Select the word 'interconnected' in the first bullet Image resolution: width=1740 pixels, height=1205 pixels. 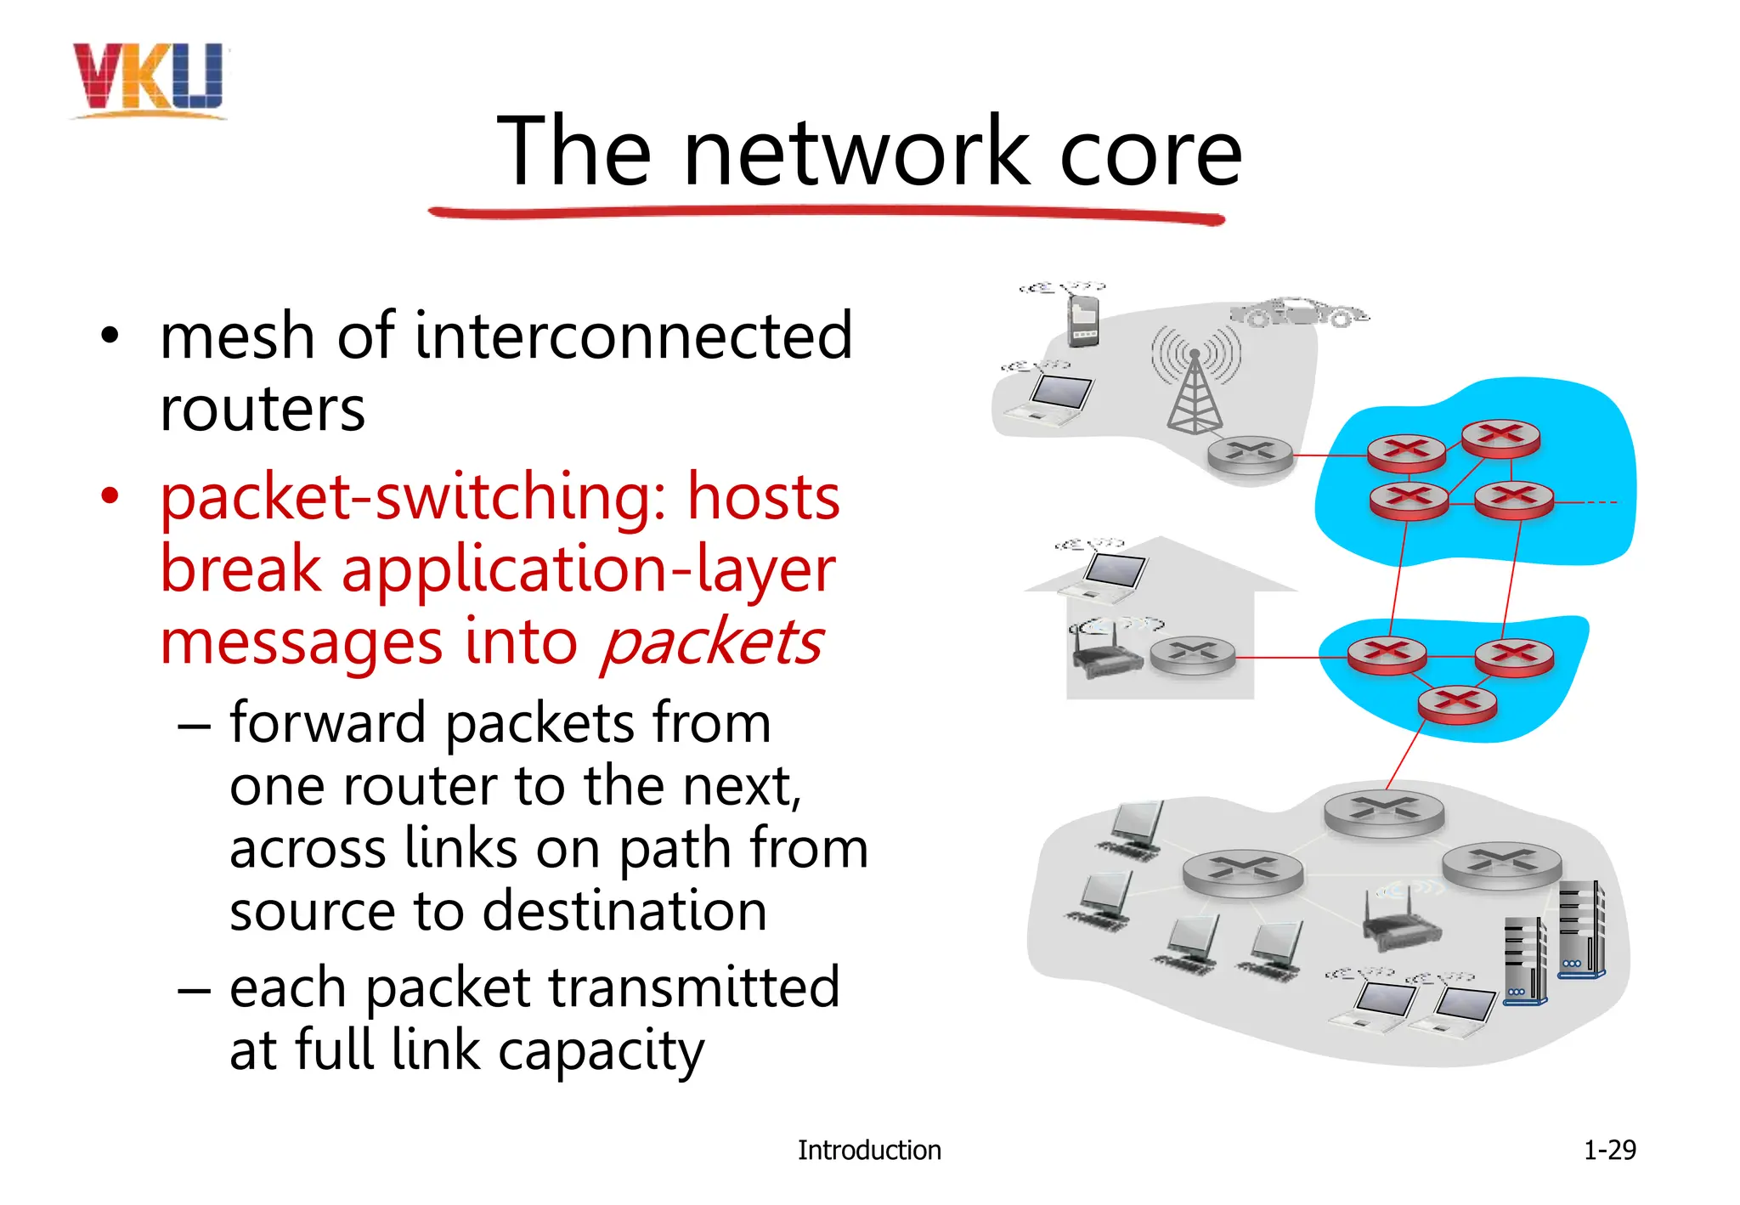coord(633,337)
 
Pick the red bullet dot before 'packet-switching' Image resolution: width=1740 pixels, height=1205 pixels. coord(110,495)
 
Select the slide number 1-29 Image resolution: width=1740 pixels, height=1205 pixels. coord(1609,1150)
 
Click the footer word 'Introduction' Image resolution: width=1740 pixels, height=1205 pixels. coord(868,1151)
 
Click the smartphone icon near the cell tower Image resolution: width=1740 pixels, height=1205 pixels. coord(1082,320)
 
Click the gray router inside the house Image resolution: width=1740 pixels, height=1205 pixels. coord(1192,655)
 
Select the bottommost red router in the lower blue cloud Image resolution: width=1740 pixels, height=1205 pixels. coord(1457,704)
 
